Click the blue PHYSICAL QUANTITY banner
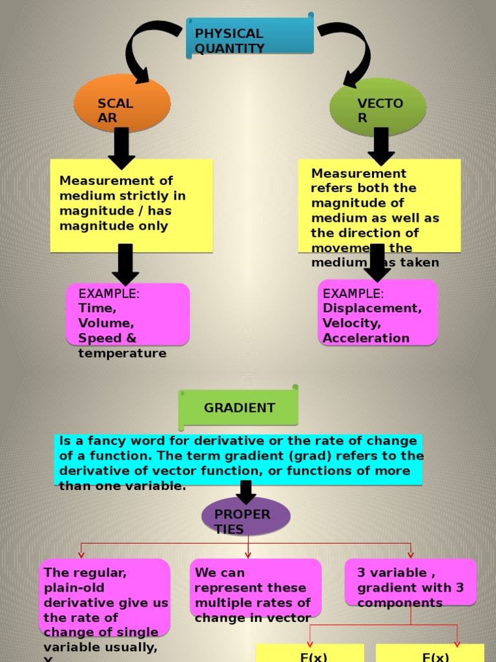(250, 37)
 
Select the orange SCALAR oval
(122, 103)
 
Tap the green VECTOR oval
(378, 107)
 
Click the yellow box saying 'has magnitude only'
(131, 205)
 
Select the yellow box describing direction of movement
(379, 205)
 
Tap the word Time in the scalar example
(97, 308)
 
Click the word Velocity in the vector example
(352, 323)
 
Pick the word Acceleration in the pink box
(366, 338)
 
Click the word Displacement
(372, 308)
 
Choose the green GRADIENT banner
(239, 408)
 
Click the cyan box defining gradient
(238, 460)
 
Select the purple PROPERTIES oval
(245, 517)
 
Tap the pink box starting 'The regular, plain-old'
(105, 597)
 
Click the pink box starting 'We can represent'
(255, 588)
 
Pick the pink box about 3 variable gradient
(410, 582)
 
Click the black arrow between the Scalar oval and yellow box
(121, 148)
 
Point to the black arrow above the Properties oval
(245, 492)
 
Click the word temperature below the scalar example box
(122, 354)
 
